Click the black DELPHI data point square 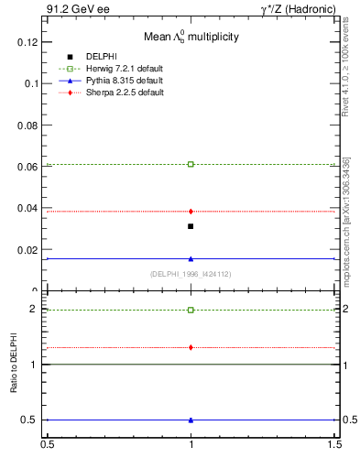pos(191,226)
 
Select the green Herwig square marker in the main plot pos(191,164)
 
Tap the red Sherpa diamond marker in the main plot pos(191,212)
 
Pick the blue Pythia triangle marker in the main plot pos(191,258)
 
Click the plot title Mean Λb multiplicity pos(191,38)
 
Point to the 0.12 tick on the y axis pos(29,42)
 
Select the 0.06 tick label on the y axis pos(29,167)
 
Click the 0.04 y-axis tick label pos(29,208)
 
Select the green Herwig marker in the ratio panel pos(191,310)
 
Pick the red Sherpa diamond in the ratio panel pos(191,347)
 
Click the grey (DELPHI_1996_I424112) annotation pos(191,274)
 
